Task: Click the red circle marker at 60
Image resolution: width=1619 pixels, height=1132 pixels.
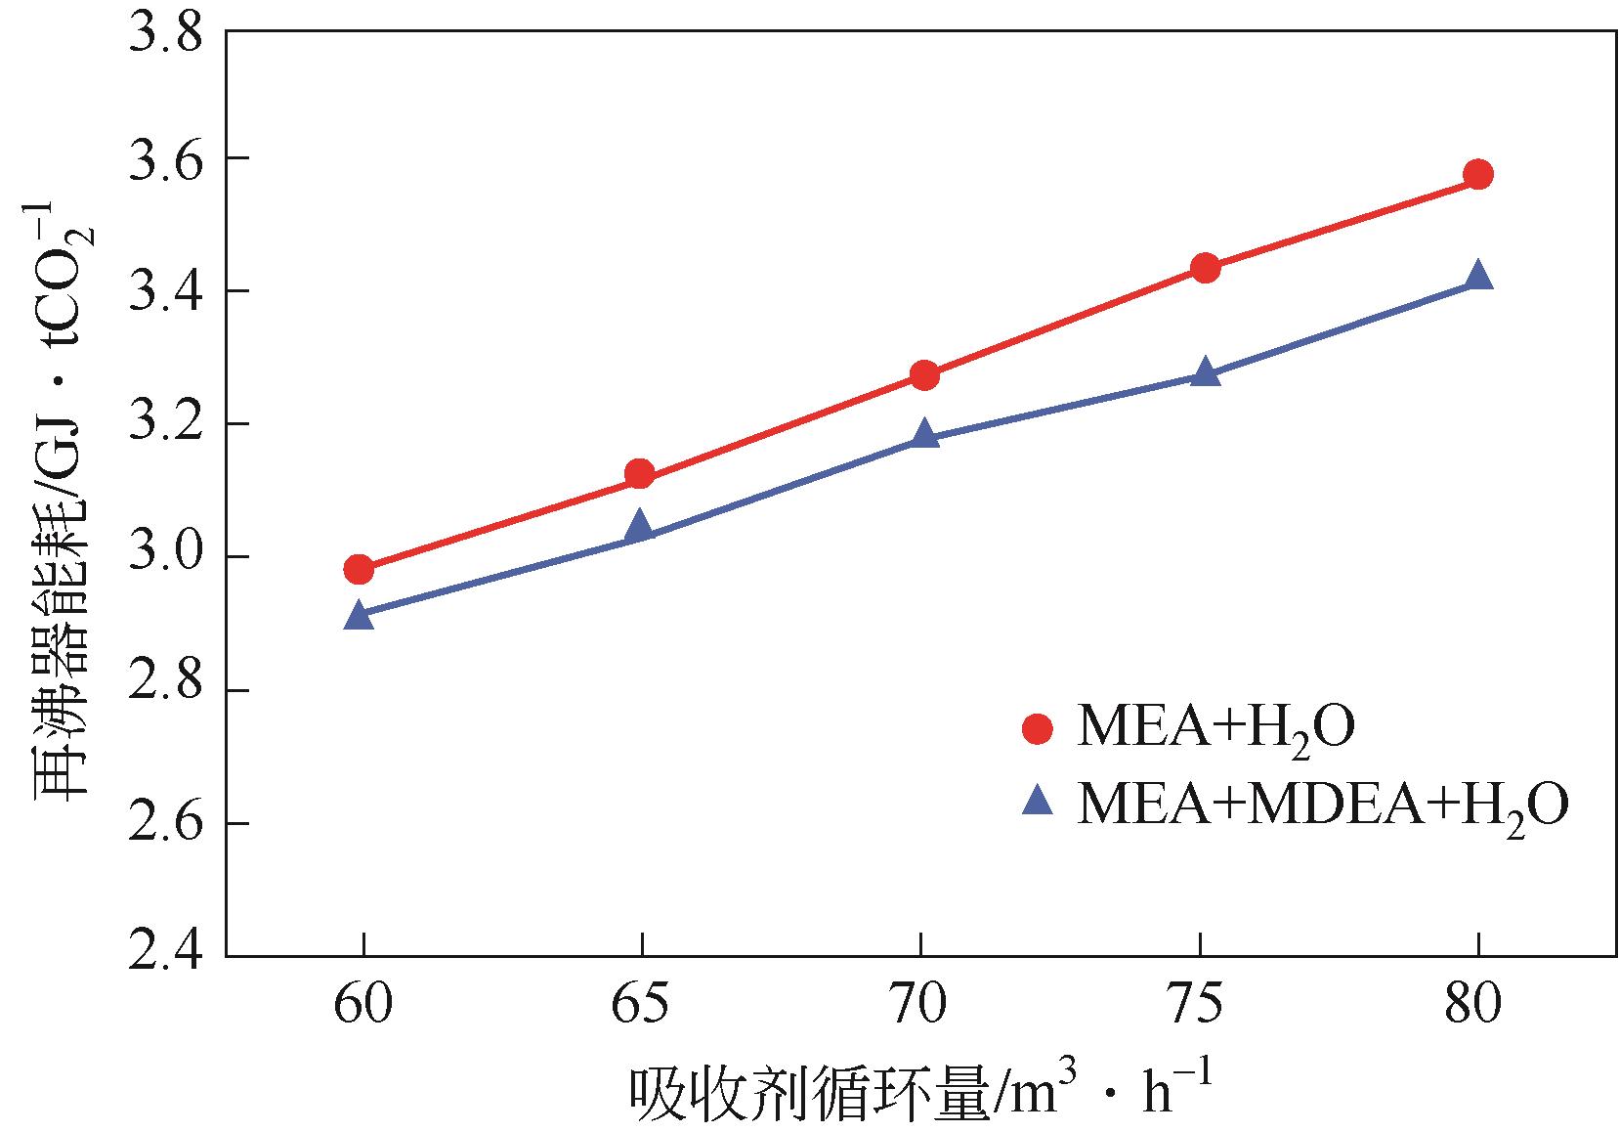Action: pos(360,569)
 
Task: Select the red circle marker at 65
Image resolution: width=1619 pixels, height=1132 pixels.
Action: pos(640,474)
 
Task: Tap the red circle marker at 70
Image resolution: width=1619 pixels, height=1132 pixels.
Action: pos(924,374)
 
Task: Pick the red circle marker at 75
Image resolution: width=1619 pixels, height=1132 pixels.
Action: pos(1206,268)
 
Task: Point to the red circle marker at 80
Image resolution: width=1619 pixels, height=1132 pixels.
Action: pos(1478,175)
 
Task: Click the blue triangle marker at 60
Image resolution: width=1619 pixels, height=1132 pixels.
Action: pos(360,616)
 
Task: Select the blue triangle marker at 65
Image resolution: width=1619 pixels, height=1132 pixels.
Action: pos(640,526)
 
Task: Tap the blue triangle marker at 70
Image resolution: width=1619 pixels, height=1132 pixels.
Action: pos(924,434)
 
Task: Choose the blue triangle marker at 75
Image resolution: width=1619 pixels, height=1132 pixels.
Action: pos(1206,372)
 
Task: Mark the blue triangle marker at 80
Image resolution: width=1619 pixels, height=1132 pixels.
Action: pos(1478,276)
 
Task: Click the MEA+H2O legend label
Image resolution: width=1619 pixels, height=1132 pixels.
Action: pos(1215,729)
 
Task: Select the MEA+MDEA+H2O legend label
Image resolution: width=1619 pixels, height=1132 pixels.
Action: pos(1323,804)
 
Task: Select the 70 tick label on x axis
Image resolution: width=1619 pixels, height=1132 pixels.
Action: pos(919,1006)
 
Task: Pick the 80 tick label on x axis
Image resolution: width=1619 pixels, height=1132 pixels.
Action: pos(1476,1006)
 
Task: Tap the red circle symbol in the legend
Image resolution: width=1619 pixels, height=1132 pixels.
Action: pos(1037,729)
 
